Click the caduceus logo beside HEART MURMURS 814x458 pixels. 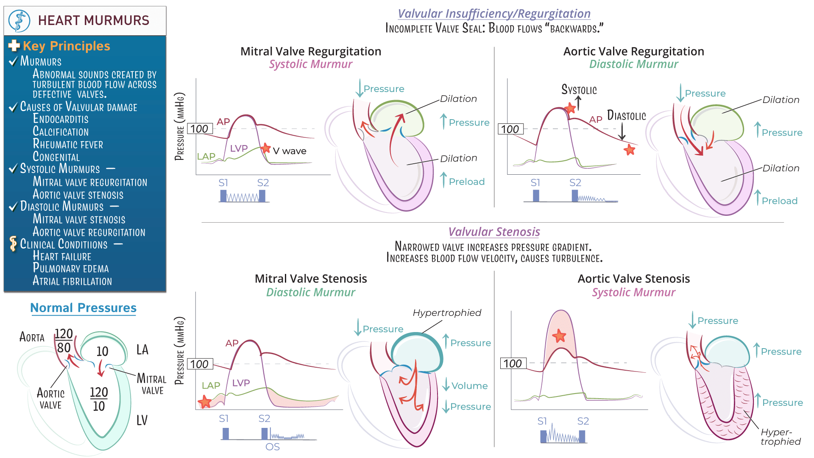point(20,20)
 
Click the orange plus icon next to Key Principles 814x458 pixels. point(14,45)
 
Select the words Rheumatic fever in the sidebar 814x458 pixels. point(68,144)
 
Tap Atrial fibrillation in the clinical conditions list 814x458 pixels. point(72,281)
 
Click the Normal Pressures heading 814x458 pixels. point(83,308)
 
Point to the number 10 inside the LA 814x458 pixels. point(102,351)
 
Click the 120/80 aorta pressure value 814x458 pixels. point(64,341)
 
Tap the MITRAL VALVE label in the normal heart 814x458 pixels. point(152,384)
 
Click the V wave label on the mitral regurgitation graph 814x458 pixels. point(290,151)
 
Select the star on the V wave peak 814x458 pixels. point(266,148)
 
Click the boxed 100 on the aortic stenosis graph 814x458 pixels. point(513,363)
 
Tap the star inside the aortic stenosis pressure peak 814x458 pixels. point(560,336)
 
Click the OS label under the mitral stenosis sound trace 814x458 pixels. point(273,447)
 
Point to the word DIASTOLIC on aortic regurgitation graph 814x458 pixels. point(626,115)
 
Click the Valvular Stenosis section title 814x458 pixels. point(494,232)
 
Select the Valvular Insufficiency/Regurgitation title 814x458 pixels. point(494,14)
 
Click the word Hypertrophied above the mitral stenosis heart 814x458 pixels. point(447,313)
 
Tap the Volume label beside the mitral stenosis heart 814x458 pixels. point(469,386)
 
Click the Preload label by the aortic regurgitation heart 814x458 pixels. point(779,201)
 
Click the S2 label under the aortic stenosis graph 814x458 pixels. point(583,421)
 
